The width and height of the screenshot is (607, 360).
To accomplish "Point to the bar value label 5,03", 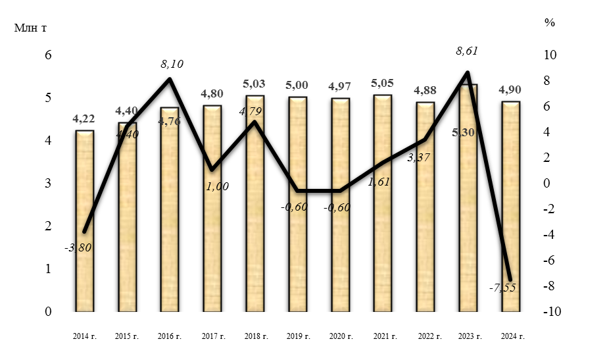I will click(x=255, y=84).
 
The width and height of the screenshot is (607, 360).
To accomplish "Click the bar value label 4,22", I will click(x=84, y=118).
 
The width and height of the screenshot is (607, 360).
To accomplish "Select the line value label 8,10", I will click(x=172, y=64).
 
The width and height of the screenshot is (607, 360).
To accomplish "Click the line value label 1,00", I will click(x=217, y=186).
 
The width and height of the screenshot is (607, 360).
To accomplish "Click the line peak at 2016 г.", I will click(x=170, y=79).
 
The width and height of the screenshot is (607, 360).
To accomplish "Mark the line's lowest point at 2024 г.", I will click(x=510, y=280).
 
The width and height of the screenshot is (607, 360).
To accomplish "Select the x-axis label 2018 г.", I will click(x=255, y=336).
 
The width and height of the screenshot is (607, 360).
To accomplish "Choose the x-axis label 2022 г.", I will click(x=426, y=336).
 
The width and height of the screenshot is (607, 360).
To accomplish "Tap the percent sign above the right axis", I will click(x=550, y=22).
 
